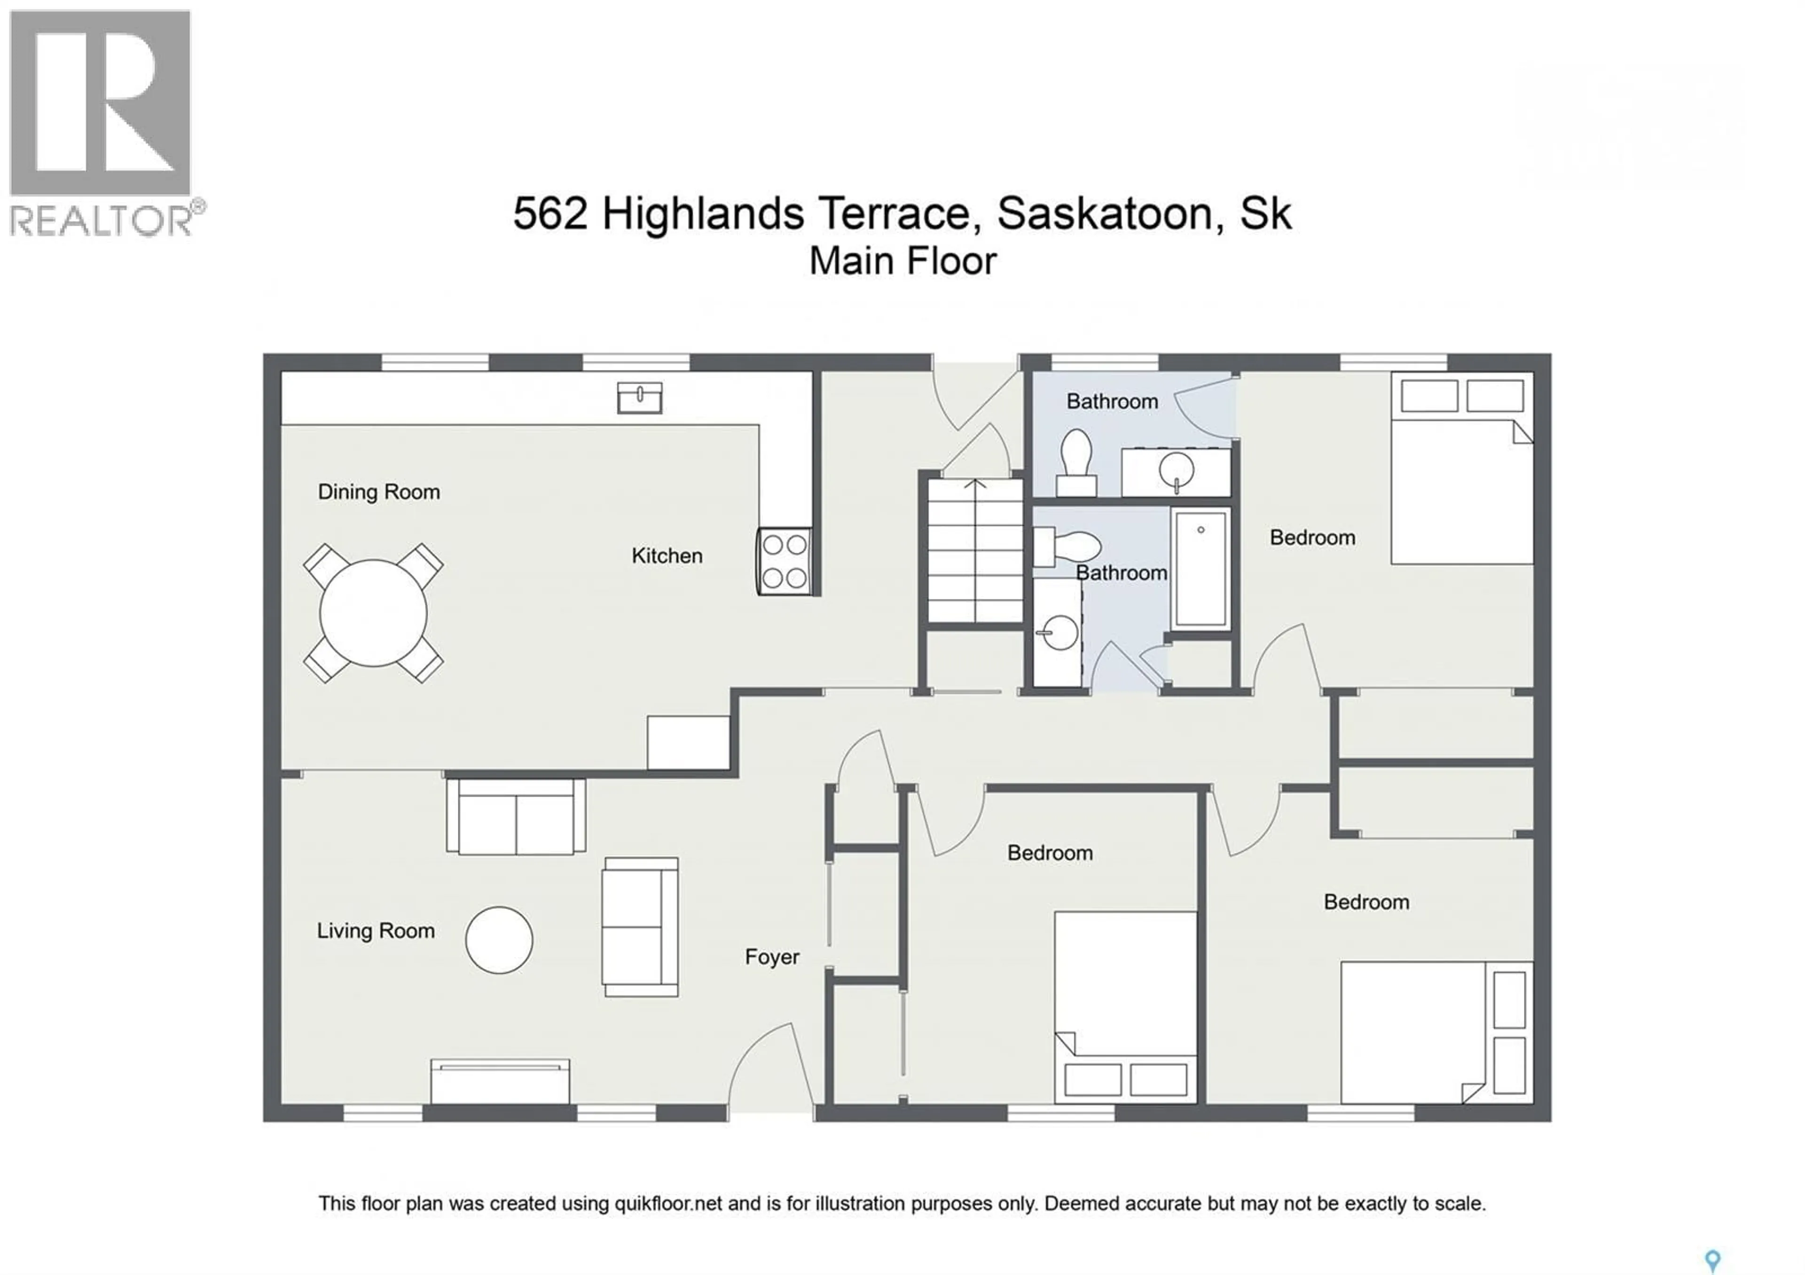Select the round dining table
tap(373, 613)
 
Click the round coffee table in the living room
tap(499, 940)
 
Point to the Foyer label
tap(772, 957)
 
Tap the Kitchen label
tap(667, 556)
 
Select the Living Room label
tap(376, 931)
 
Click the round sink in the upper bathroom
tap(1176, 472)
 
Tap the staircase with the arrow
tap(975, 550)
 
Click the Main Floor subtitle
tap(903, 261)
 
